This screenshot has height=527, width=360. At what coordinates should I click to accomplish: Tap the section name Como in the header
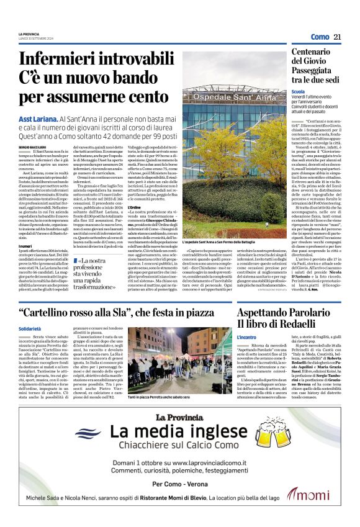(x=320, y=37)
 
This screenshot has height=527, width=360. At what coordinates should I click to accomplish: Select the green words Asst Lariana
(x=38, y=117)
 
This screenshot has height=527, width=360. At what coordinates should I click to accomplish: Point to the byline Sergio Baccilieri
(x=32, y=146)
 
